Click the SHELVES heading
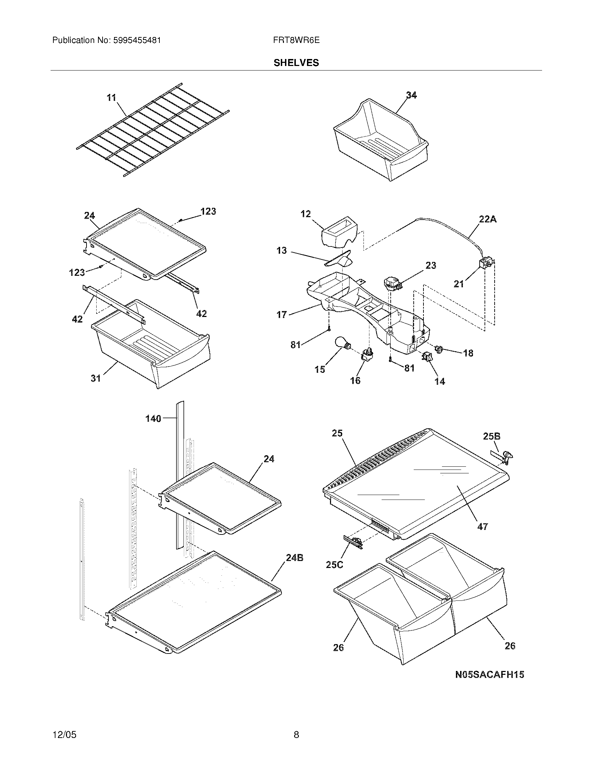pyautogui.click(x=296, y=63)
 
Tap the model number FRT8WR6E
pyautogui.click(x=296, y=40)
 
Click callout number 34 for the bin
pyautogui.click(x=411, y=95)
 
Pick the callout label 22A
pyautogui.click(x=488, y=219)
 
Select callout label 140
pyautogui.click(x=153, y=419)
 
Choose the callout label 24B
pyautogui.click(x=294, y=557)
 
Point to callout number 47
pyautogui.click(x=483, y=536)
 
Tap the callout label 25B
pyautogui.click(x=491, y=436)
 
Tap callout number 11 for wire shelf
pyautogui.click(x=111, y=97)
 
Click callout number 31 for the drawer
pyautogui.click(x=96, y=378)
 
